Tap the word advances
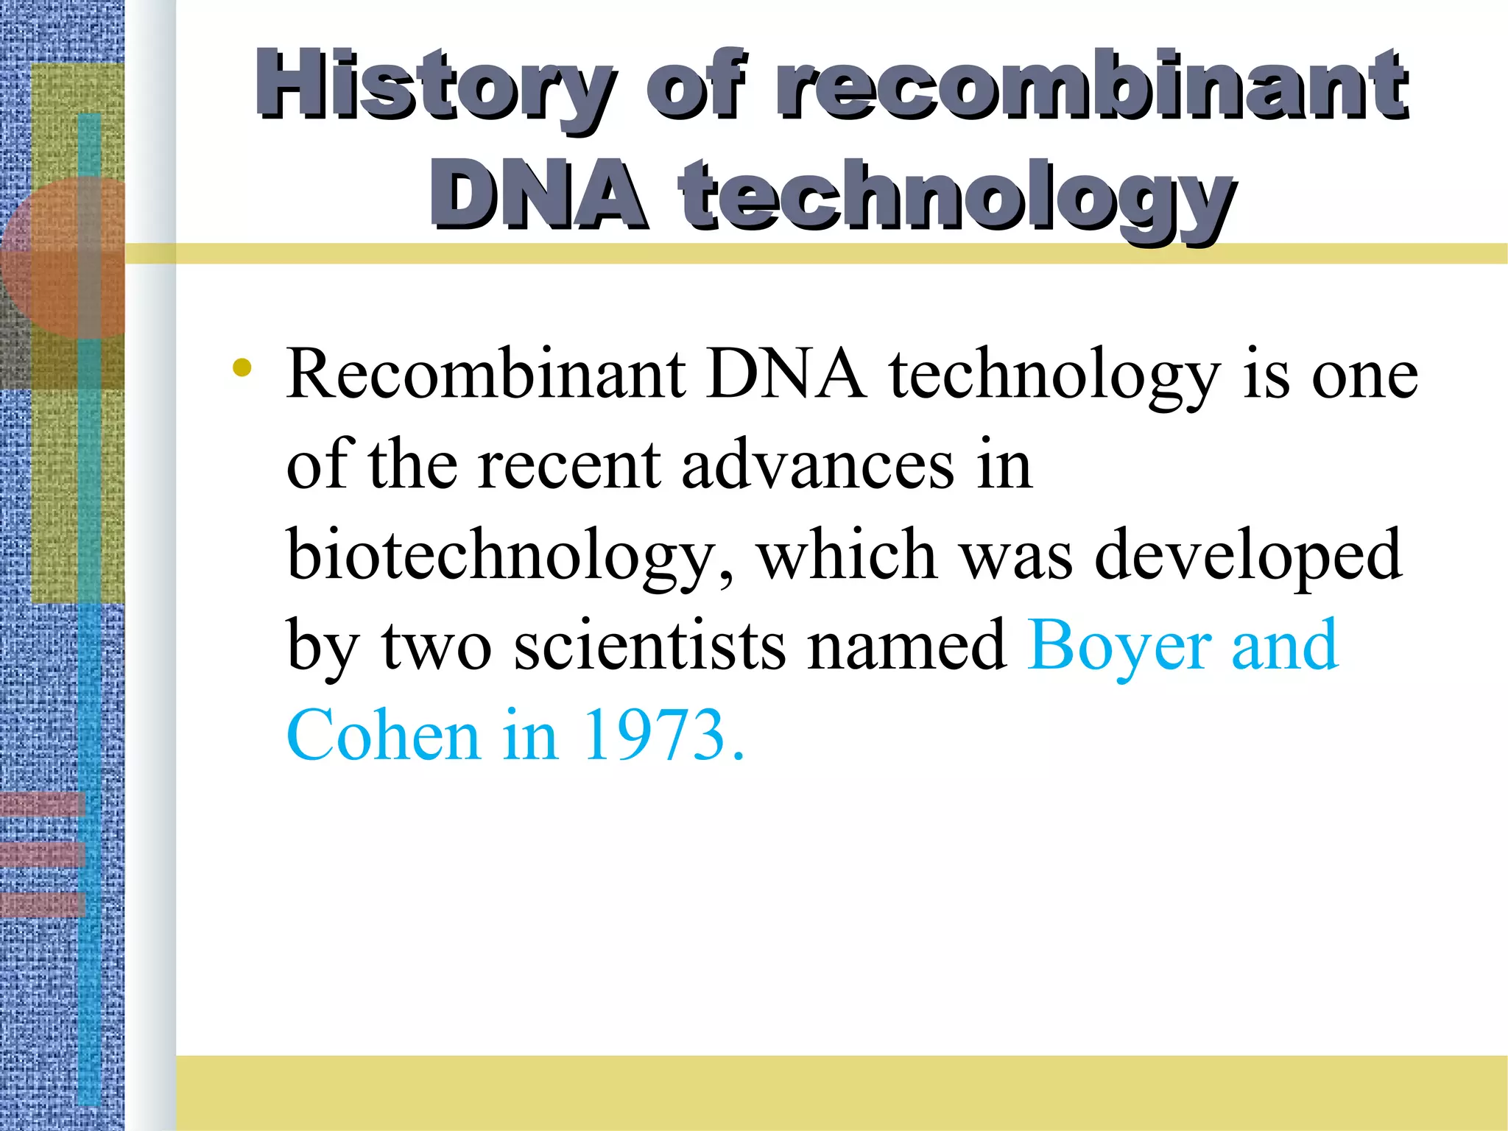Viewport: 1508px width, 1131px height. pos(817,465)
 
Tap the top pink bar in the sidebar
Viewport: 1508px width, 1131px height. pos(43,804)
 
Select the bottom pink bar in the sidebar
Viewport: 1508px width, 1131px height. pos(43,903)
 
